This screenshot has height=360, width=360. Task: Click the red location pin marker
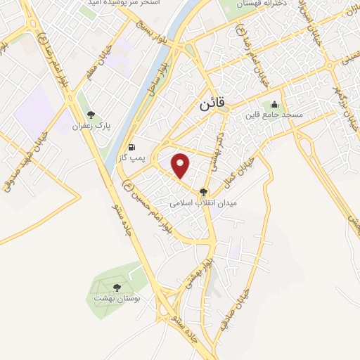(x=181, y=165)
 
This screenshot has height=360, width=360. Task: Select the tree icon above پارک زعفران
(x=90, y=115)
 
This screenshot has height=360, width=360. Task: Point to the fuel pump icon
(x=131, y=148)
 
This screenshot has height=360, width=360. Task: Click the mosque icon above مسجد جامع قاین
(x=274, y=105)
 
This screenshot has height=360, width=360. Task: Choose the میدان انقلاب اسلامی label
(x=203, y=202)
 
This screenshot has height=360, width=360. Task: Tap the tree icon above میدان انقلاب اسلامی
(x=204, y=191)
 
